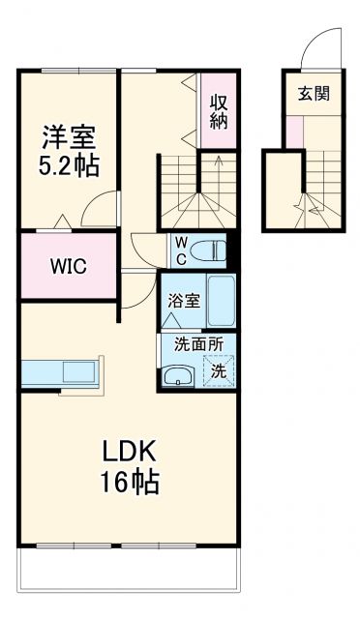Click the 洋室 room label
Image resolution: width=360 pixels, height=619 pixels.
(x=69, y=133)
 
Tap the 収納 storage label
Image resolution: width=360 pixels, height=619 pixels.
(x=220, y=109)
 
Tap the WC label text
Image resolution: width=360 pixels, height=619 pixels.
(x=180, y=251)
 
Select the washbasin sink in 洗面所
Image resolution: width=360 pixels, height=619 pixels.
(x=177, y=377)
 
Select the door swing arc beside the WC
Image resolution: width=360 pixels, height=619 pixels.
(x=147, y=250)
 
